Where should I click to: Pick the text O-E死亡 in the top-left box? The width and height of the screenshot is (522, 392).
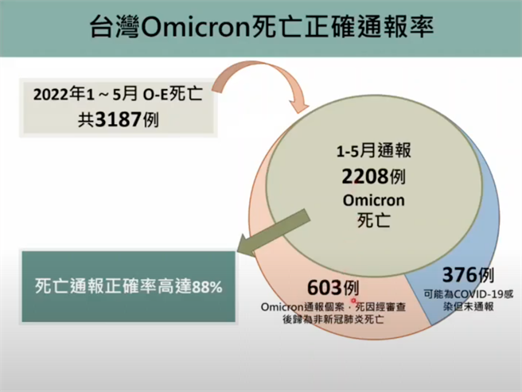[172, 95]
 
